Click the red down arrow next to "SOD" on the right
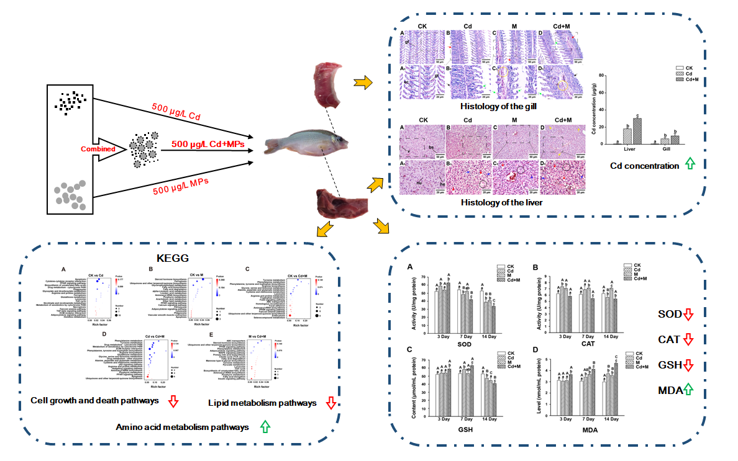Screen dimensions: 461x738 pyautogui.click(x=687, y=315)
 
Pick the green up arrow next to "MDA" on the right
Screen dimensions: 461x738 pyautogui.click(x=687, y=390)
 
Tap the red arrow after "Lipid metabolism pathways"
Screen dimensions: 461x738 pyautogui.click(x=330, y=403)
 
